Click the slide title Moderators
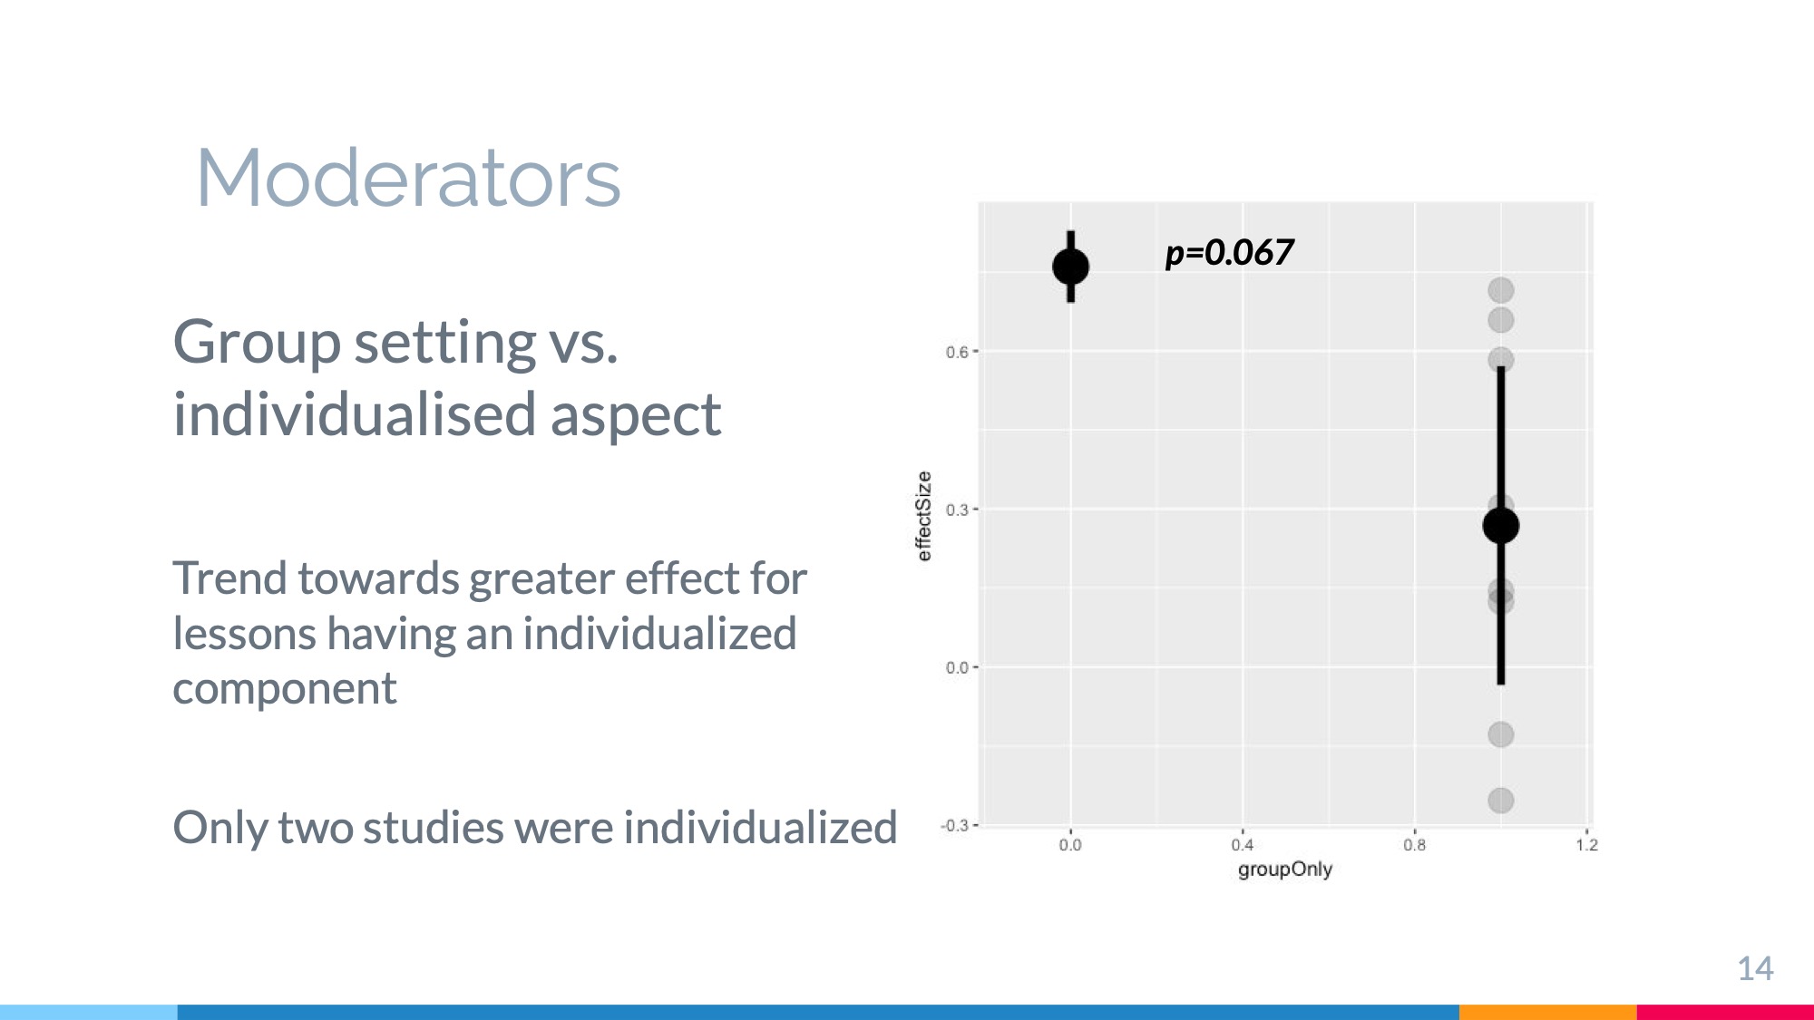408,178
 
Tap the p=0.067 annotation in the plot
1229,252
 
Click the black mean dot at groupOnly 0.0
1070,267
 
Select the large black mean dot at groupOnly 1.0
1501,525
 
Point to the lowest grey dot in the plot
1501,801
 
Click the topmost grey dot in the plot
1501,290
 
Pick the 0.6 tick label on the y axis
957,352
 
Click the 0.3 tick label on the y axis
957,510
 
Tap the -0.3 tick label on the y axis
954,825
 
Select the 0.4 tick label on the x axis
1243,845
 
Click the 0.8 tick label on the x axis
1415,845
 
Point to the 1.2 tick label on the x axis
1587,845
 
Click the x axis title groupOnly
1285,869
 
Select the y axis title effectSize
924,516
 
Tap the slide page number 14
1755,968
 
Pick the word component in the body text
285,689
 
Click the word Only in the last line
219,828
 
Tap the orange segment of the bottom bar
1547,1012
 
